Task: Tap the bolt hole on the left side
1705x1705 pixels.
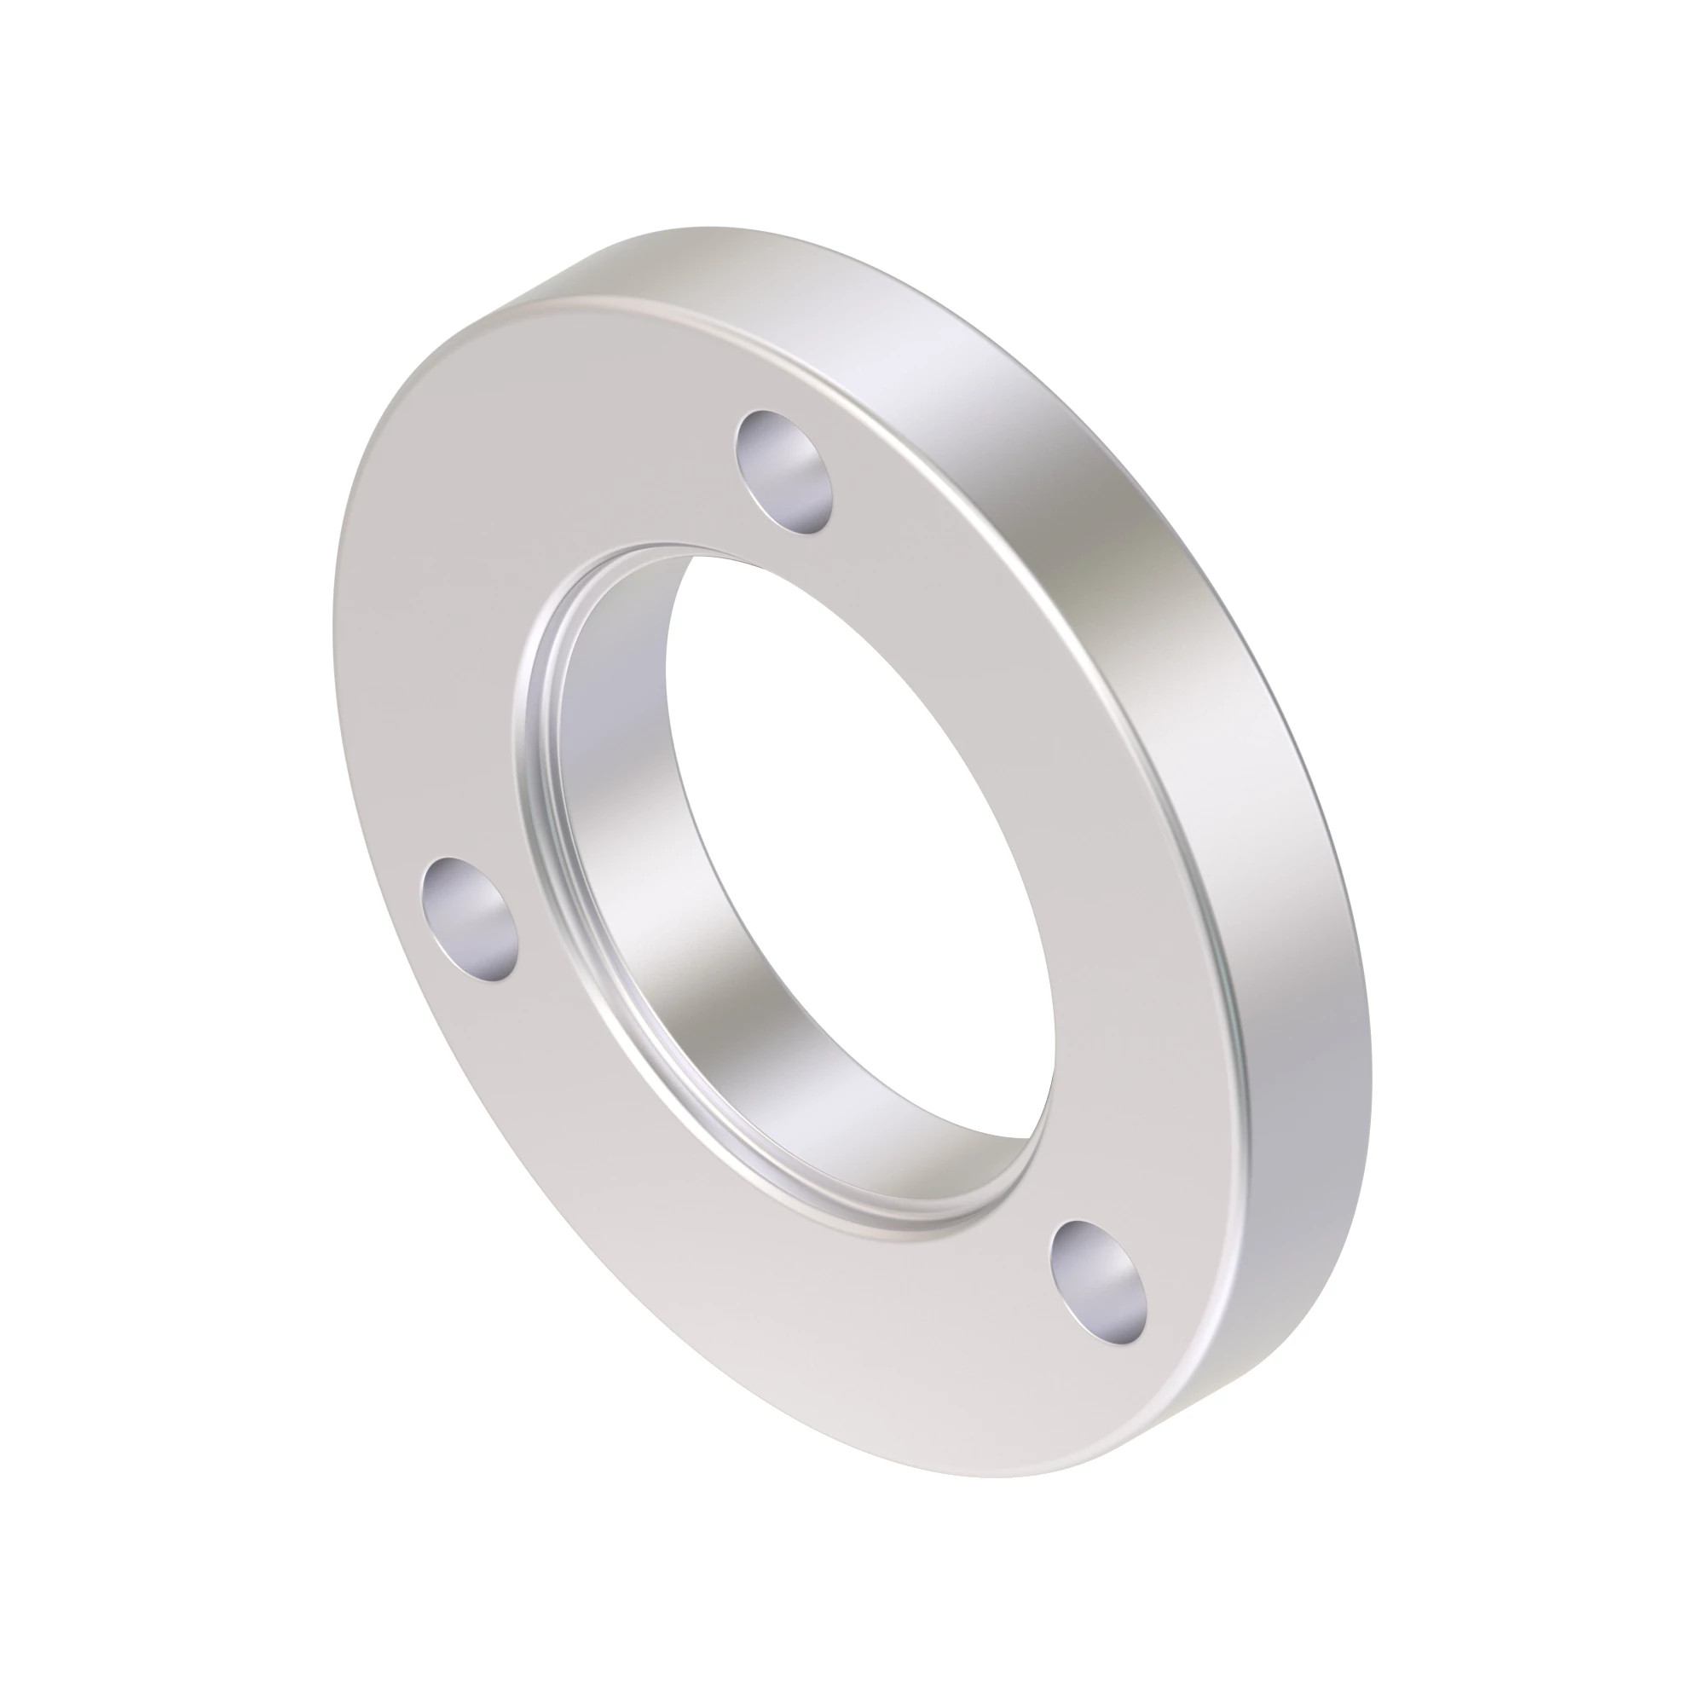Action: click(470, 919)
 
